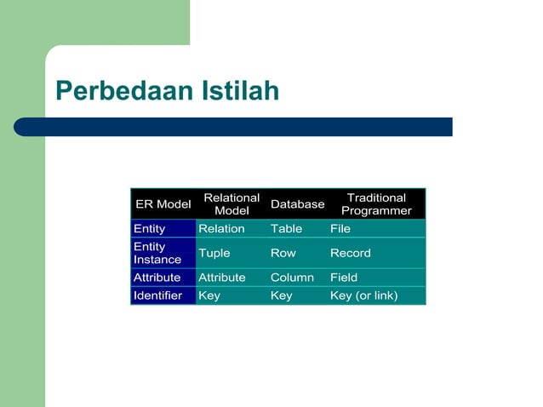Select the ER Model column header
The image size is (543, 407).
coord(163,204)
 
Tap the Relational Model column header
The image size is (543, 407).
coord(231,204)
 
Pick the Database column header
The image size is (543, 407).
coord(297,204)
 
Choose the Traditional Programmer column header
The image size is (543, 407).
coord(376,204)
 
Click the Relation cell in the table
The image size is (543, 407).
coord(221,229)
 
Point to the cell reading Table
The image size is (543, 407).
coord(286,229)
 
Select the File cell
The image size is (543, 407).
coord(340,229)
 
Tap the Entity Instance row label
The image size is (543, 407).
coord(157,253)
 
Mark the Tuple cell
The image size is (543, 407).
coord(214,253)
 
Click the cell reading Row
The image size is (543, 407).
coord(283,253)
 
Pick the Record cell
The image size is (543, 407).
coord(351,253)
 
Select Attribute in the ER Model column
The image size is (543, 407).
coord(157,278)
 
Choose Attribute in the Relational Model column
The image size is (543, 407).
coord(222,278)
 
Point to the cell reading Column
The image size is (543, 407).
coord(292,278)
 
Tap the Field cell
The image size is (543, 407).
coord(344,278)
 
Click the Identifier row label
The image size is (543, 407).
coord(158,295)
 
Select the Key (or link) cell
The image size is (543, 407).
coord(364,295)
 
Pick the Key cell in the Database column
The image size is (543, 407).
coord(281,295)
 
